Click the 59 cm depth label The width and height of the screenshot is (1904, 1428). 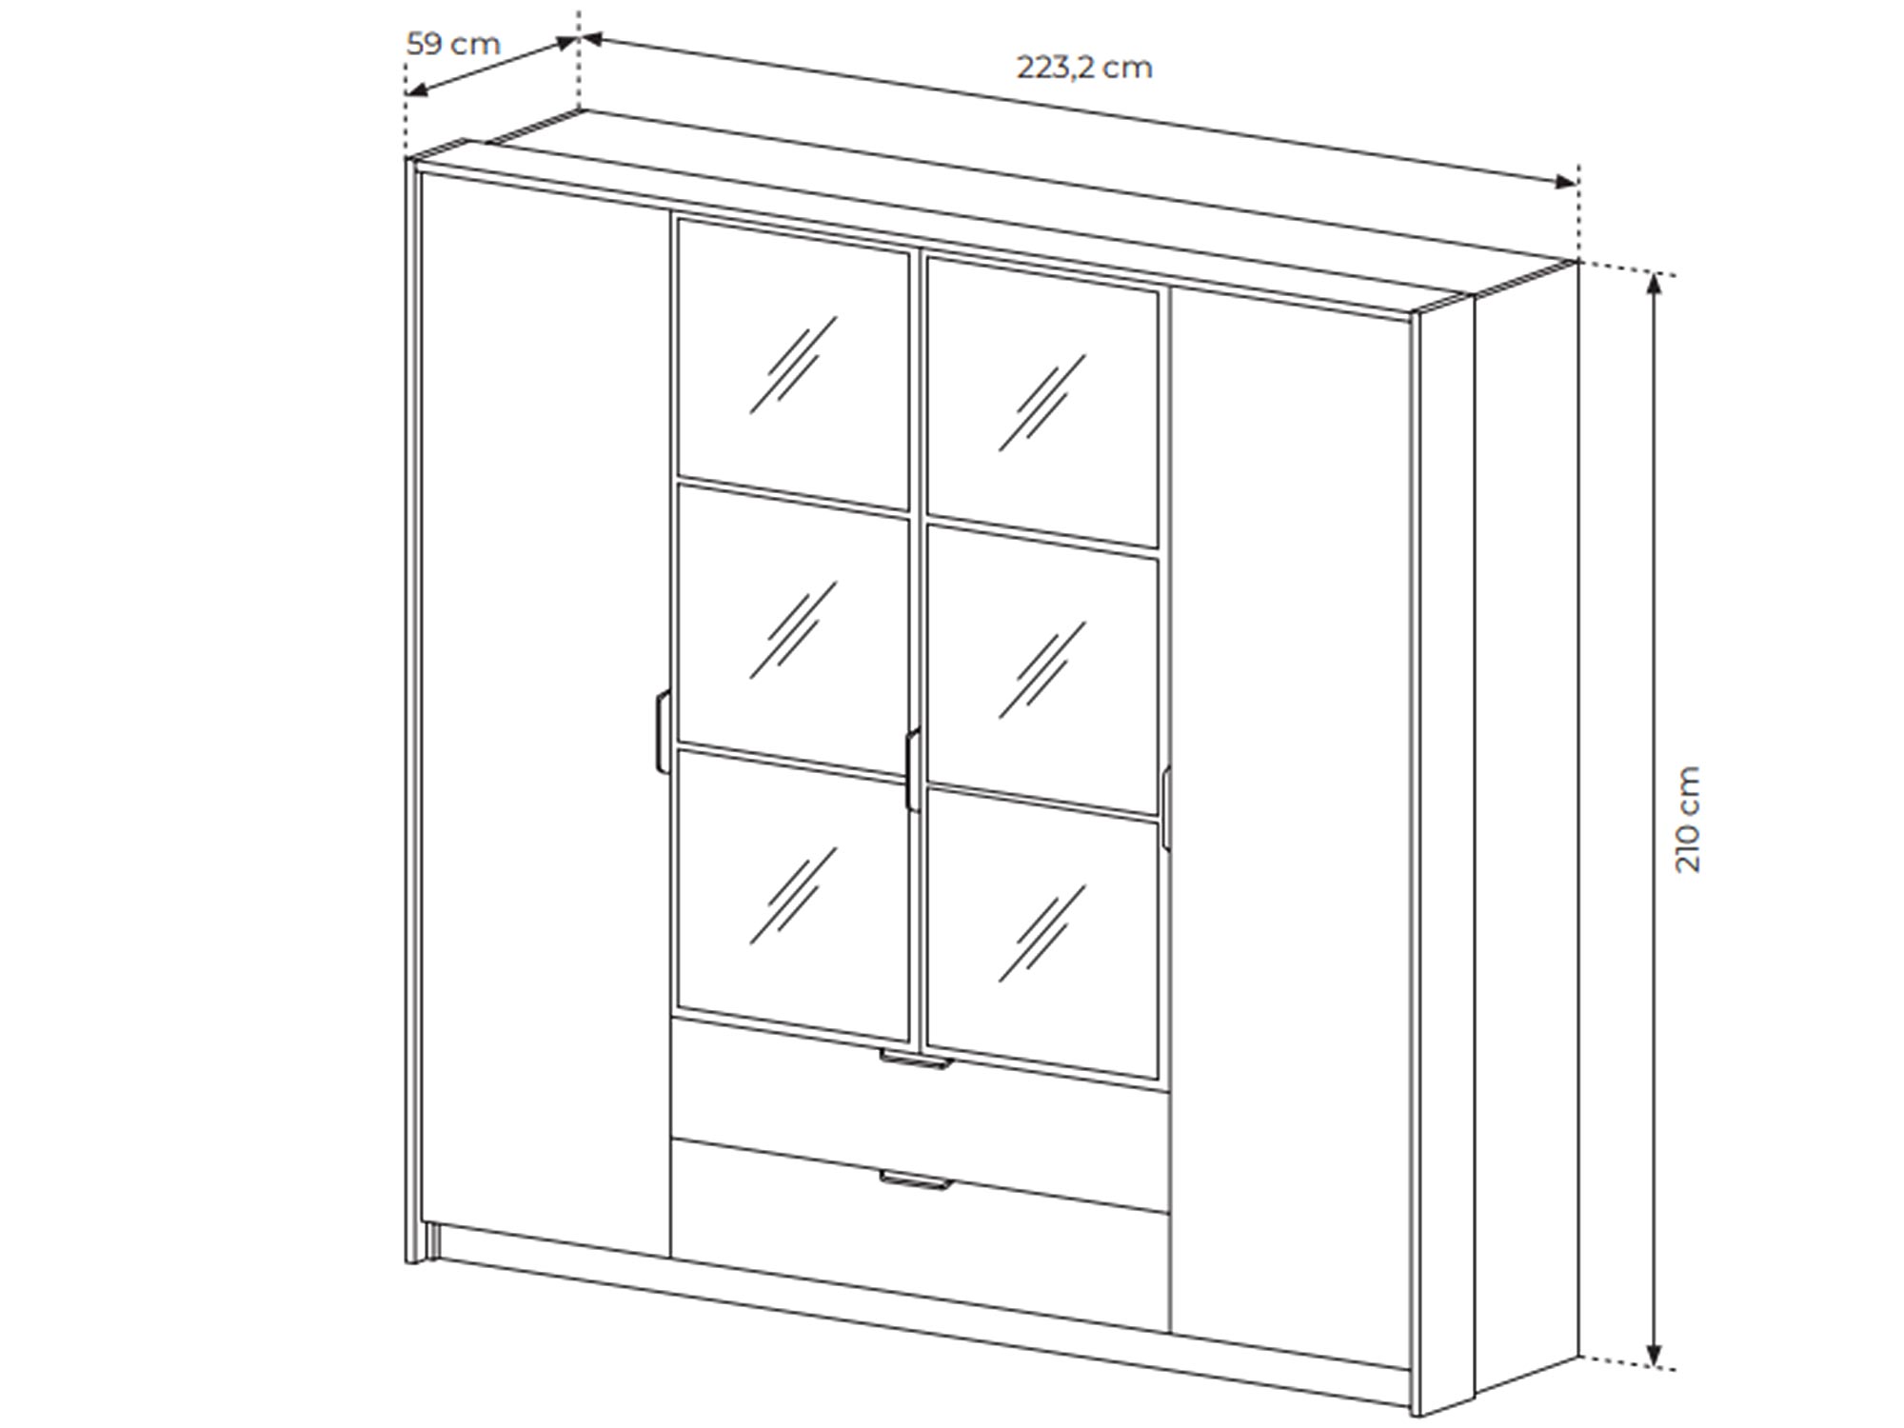tap(452, 44)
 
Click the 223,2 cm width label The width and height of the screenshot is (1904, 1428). tap(1084, 68)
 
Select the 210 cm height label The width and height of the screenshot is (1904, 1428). tap(1687, 819)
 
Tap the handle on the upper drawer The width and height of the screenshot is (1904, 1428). tap(915, 1060)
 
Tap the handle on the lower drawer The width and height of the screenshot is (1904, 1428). tap(915, 1180)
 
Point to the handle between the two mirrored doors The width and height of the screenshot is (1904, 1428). tap(912, 770)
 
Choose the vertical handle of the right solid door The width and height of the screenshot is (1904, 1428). tap(1165, 807)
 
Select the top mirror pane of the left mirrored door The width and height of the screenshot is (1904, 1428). tap(792, 365)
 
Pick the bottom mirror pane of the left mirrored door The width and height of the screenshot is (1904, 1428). tap(792, 895)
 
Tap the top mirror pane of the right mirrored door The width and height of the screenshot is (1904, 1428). tap(1042, 402)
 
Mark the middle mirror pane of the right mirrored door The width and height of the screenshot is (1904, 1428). tap(1042, 668)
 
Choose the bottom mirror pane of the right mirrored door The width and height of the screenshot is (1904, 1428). tap(1042, 934)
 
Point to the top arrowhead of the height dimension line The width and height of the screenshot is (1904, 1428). tap(1655, 285)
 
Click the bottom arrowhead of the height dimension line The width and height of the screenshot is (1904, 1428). tap(1655, 1357)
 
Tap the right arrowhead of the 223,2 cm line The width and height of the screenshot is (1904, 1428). tap(1566, 182)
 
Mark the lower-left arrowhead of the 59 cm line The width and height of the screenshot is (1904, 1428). tap(417, 90)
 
